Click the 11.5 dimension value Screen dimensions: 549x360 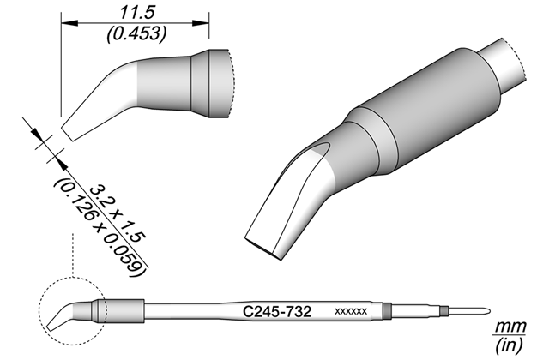tap(137, 14)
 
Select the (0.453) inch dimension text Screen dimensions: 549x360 tap(136, 34)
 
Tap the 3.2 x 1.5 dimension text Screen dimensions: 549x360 tap(117, 213)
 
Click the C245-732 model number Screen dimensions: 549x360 tap(277, 311)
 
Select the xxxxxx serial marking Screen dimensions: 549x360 tap(351, 311)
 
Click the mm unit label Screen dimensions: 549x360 tap(510, 327)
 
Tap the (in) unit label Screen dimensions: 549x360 tap(510, 344)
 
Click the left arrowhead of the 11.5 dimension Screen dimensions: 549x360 tap(69, 23)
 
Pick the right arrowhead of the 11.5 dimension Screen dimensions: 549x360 tap(201, 23)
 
